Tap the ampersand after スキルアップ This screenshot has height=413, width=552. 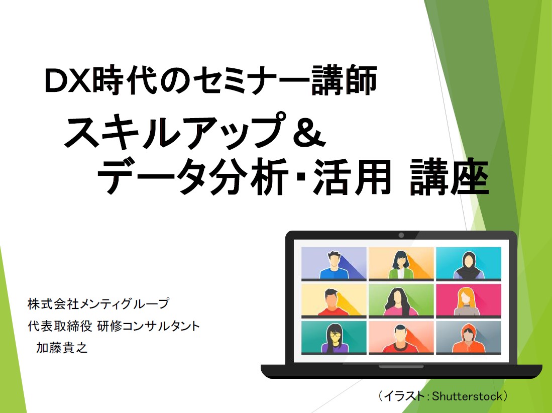click(309, 133)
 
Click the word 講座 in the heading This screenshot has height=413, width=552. click(450, 176)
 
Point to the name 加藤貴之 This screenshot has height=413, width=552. click(62, 348)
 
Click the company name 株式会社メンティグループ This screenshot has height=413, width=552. click(98, 303)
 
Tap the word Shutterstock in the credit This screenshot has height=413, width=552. click(467, 396)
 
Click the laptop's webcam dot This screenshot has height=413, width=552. click(401, 235)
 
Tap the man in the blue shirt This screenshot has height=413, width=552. click(334, 265)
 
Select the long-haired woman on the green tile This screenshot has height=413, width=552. click(398, 302)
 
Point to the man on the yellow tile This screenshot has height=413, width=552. click(332, 302)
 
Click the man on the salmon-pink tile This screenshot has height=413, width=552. click(400, 338)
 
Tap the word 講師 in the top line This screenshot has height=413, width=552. click(344, 80)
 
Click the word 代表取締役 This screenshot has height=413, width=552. click(60, 326)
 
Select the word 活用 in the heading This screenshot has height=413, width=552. click(353, 176)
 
